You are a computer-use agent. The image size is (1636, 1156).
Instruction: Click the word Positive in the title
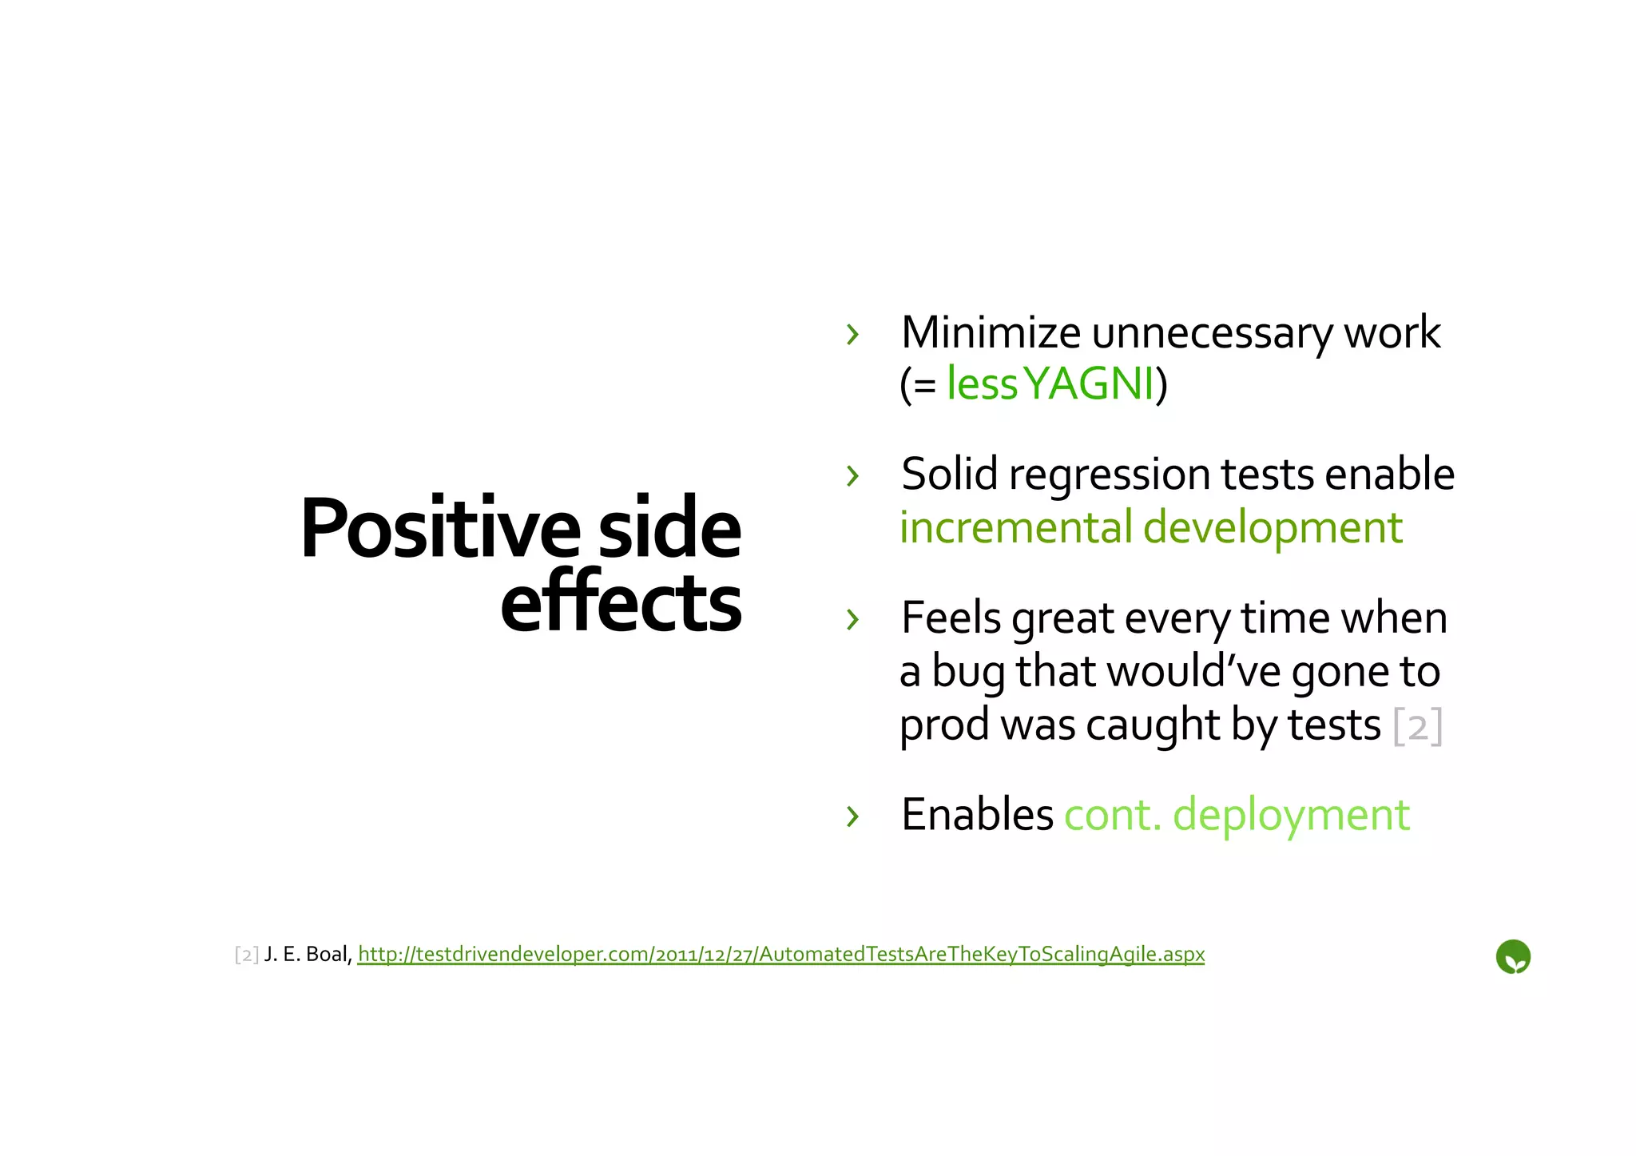[439, 529]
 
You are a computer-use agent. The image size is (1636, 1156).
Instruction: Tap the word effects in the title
[621, 602]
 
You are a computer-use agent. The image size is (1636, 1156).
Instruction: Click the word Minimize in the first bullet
[991, 332]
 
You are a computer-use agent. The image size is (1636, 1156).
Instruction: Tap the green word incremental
[1015, 528]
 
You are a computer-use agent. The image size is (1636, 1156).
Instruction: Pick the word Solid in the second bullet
[949, 474]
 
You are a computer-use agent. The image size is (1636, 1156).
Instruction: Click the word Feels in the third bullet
[951, 618]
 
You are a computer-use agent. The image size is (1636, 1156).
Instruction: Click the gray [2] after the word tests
[1417, 726]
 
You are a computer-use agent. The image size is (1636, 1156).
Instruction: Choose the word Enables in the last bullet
[977, 816]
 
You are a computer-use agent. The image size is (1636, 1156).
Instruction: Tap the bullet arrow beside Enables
[852, 816]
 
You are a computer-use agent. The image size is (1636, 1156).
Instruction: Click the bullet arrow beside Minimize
[852, 334]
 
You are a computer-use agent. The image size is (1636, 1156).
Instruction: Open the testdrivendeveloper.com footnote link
[780, 954]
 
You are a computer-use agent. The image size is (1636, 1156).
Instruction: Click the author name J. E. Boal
[307, 954]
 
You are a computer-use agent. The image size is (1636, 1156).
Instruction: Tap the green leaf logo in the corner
[1512, 956]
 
